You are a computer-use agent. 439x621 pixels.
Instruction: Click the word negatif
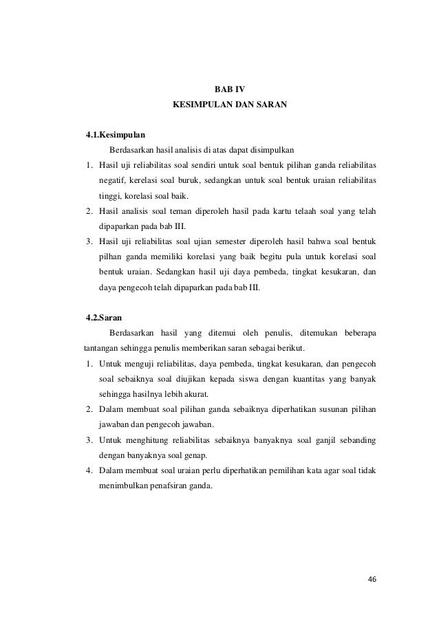click(113, 179)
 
